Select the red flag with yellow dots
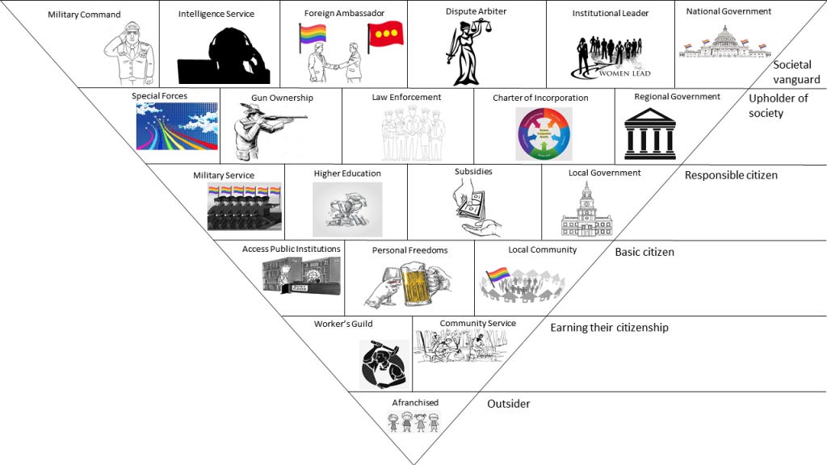[385, 37]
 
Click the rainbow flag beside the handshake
[313, 36]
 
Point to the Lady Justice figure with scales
[466, 52]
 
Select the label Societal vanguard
[796, 72]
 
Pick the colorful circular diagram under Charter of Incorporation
[543, 133]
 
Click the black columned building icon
[649, 134]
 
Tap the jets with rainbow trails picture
[176, 126]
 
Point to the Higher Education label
[347, 174]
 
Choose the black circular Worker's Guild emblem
[386, 364]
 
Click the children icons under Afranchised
[413, 421]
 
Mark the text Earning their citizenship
[609, 328]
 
